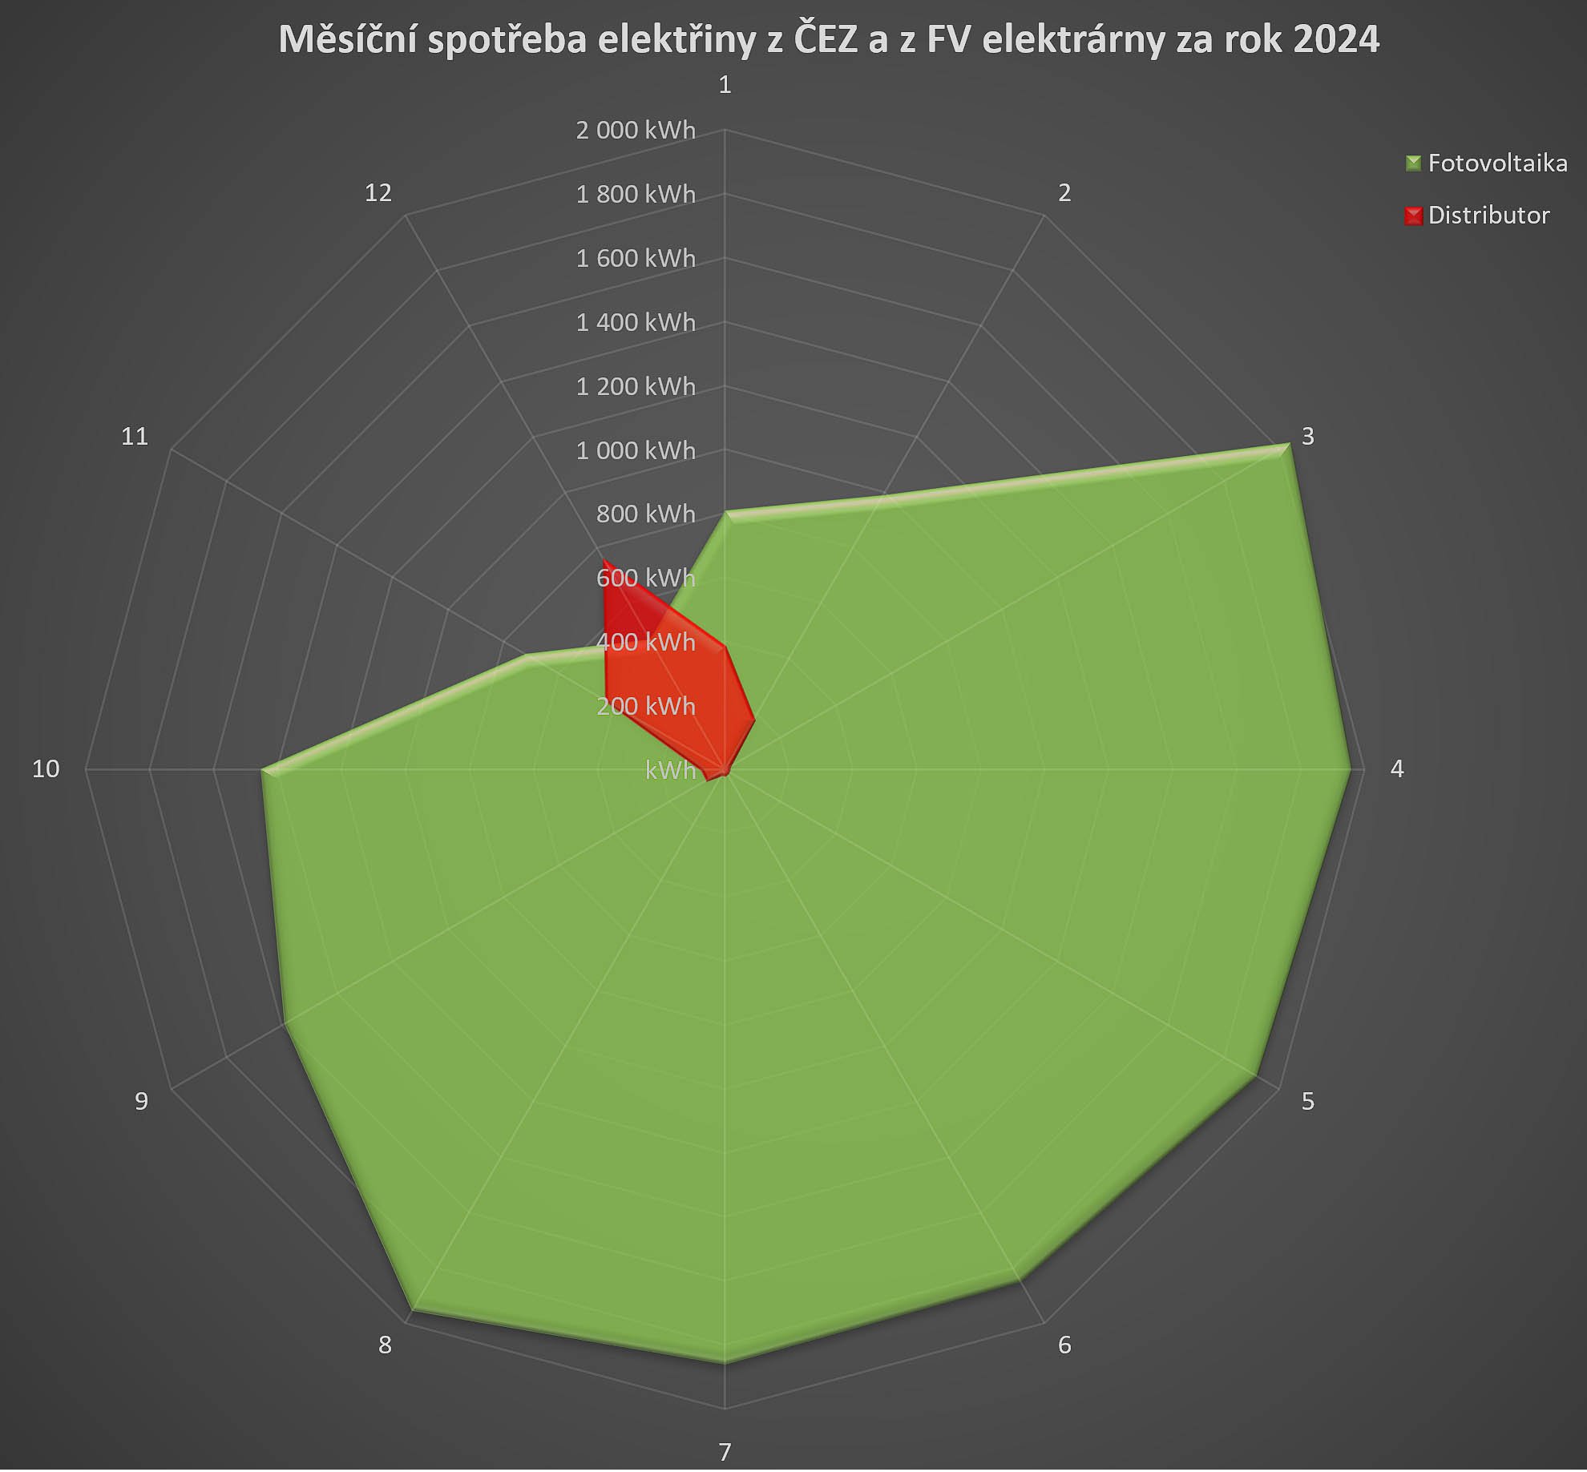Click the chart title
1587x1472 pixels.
[829, 40]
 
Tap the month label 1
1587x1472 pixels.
[725, 85]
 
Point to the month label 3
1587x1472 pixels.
[1307, 437]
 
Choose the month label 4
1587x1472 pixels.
[1397, 769]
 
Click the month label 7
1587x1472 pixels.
[725, 1452]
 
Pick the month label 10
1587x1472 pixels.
[46, 769]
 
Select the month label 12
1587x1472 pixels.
[378, 193]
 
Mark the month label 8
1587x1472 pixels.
[385, 1345]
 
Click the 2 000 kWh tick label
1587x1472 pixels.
[636, 130]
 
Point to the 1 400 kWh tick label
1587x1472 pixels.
[636, 322]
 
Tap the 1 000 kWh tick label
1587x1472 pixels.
[636, 450]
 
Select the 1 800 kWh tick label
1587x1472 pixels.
[636, 194]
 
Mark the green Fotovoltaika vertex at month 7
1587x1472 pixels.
[725, 1360]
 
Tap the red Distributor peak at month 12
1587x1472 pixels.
[604, 561]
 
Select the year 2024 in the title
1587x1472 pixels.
[1336, 40]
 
